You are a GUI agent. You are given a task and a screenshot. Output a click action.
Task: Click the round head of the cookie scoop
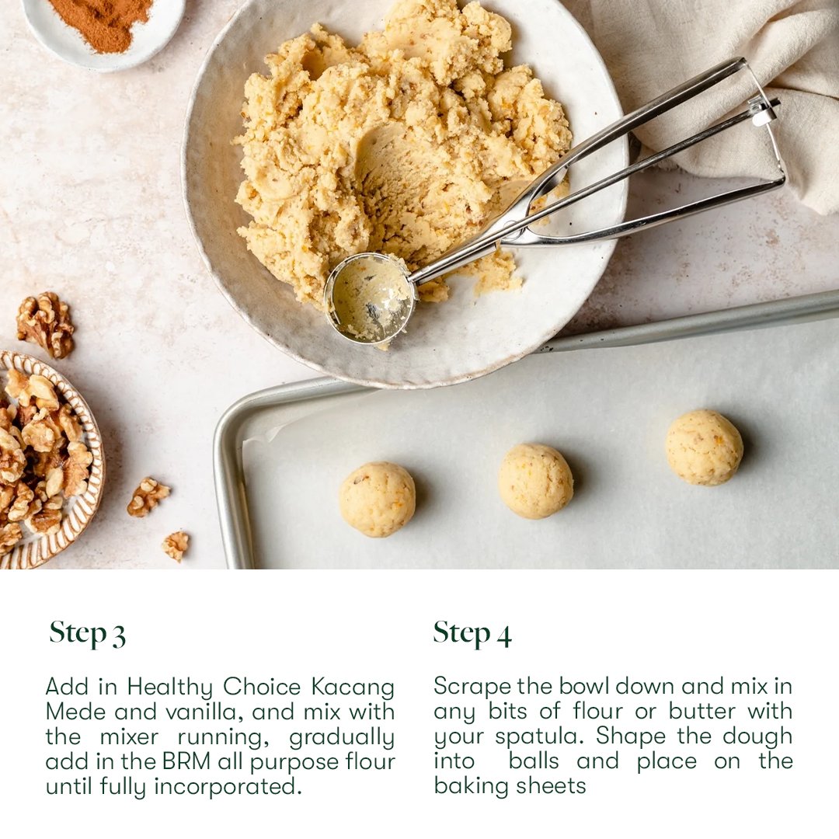point(370,298)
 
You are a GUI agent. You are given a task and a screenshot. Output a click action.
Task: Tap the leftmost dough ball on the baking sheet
point(378,500)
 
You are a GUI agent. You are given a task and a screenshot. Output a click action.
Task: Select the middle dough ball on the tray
point(535,481)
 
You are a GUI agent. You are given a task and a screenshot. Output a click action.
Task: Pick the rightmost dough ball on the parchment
point(704,447)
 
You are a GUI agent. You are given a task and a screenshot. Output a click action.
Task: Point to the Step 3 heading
point(88,634)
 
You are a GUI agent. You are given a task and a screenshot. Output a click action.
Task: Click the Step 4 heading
point(472,634)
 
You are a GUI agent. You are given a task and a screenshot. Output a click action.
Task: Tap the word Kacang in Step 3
point(353,687)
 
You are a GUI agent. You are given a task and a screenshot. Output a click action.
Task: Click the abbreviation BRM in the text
point(186,761)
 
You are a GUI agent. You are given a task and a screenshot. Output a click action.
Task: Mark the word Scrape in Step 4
point(472,687)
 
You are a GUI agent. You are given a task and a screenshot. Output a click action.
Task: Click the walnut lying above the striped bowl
point(46,324)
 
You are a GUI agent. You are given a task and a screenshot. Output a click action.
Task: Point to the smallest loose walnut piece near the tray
point(176,545)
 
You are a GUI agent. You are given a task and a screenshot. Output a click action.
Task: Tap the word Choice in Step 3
point(262,687)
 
